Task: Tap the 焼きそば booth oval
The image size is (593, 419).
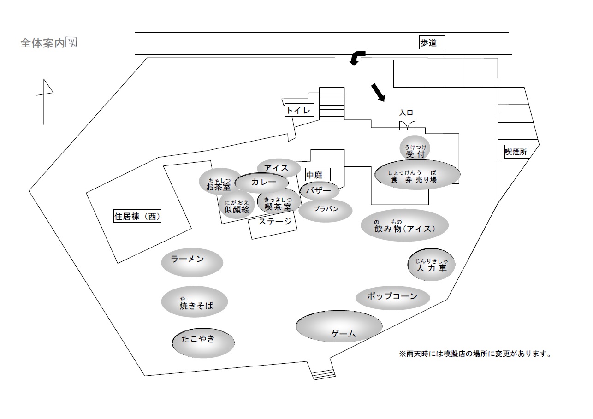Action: [x=195, y=301]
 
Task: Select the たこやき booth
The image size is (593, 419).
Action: [x=203, y=342]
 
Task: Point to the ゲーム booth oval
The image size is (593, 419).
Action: [x=339, y=327]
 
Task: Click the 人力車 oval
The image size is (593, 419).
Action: [x=431, y=265]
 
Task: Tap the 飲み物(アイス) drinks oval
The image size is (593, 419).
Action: [x=404, y=225]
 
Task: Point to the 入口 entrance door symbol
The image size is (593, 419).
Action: [x=407, y=125]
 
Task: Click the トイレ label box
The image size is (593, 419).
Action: [x=299, y=111]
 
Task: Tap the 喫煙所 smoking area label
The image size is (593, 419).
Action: [x=516, y=151]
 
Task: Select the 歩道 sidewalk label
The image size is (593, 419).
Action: [x=432, y=43]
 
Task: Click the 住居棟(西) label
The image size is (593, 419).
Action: [x=137, y=216]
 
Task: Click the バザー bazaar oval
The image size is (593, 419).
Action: [x=319, y=191]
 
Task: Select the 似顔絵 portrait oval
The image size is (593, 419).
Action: [x=237, y=206]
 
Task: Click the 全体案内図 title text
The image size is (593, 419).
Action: [x=48, y=43]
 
